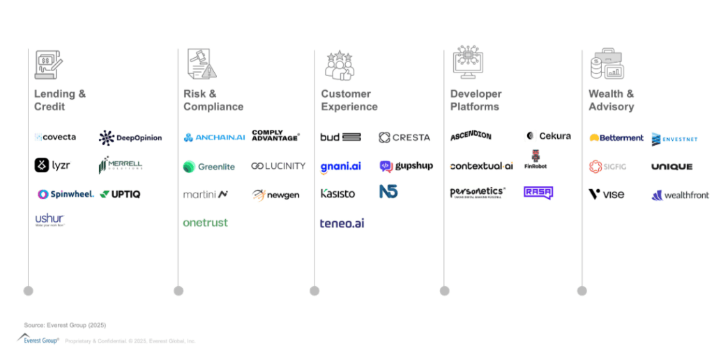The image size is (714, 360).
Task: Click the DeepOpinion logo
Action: pyautogui.click(x=130, y=137)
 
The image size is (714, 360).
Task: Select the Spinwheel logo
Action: pyautogui.click(x=66, y=194)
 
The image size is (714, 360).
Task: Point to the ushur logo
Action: pyautogui.click(x=50, y=220)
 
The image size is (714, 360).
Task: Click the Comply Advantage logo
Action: pyautogui.click(x=275, y=136)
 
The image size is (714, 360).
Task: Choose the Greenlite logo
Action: pyautogui.click(x=209, y=167)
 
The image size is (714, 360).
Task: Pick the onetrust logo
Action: pyautogui.click(x=205, y=223)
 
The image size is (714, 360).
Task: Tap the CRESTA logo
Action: pyautogui.click(x=404, y=137)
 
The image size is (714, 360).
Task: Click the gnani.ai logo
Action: pyautogui.click(x=340, y=166)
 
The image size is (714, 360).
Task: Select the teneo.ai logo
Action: pyautogui.click(x=342, y=223)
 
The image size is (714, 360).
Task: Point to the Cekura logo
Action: pyautogui.click(x=548, y=136)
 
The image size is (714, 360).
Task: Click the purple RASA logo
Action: pyautogui.click(x=538, y=193)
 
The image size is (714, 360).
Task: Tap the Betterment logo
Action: pyautogui.click(x=616, y=137)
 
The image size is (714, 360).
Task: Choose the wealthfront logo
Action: pyautogui.click(x=680, y=195)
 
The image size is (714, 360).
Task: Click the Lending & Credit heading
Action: pyautogui.click(x=60, y=100)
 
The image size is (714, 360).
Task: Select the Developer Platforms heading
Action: pyautogui.click(x=476, y=100)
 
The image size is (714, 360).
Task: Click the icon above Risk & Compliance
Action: pyautogui.click(x=202, y=64)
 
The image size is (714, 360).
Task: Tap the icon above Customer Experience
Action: pyautogui.click(x=340, y=65)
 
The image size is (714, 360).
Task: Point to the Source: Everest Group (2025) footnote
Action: pyautogui.click(x=65, y=325)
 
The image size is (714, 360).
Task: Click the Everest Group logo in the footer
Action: pyautogui.click(x=38, y=339)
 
